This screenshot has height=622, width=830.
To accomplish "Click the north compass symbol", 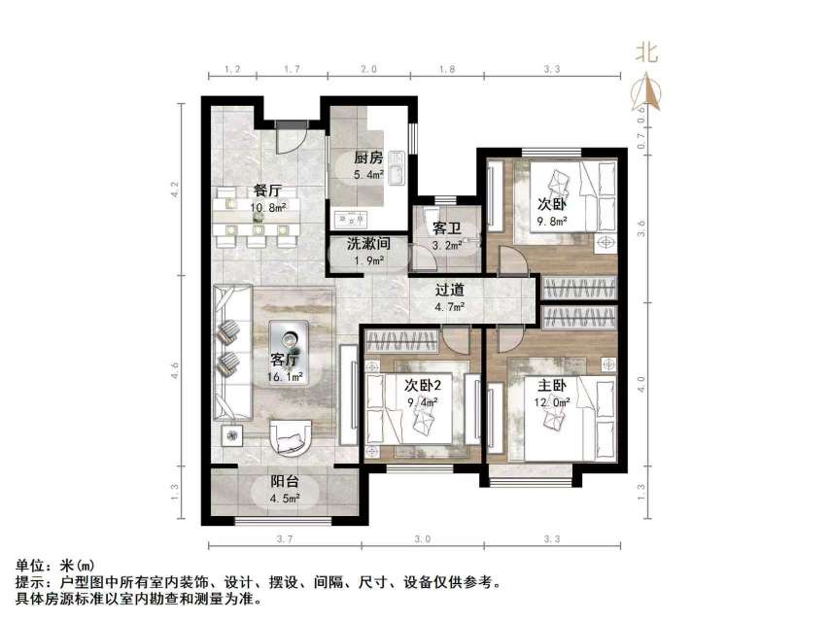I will point(646,82).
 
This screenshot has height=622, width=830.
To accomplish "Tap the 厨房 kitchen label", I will point(367,158).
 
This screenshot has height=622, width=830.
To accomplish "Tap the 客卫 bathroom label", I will point(446,229).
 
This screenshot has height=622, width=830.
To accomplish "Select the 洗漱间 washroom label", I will point(368,245).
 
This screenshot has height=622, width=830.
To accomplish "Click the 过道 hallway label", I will point(448,291).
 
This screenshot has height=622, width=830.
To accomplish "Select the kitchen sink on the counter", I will point(347,216).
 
